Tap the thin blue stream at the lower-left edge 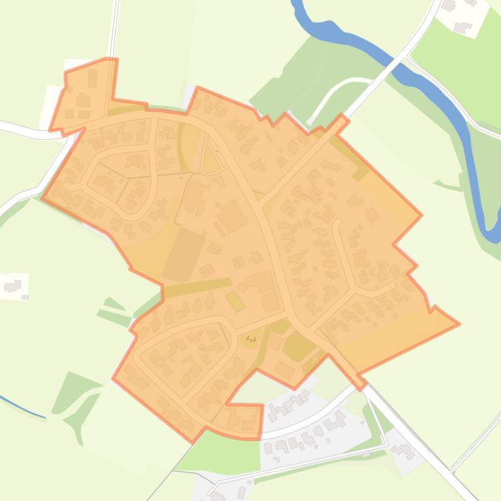pos(23,407)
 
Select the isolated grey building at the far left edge pos(12,267)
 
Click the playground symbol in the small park pos(251,338)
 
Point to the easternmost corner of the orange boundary pos(459,323)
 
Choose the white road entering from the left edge pos(20,128)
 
